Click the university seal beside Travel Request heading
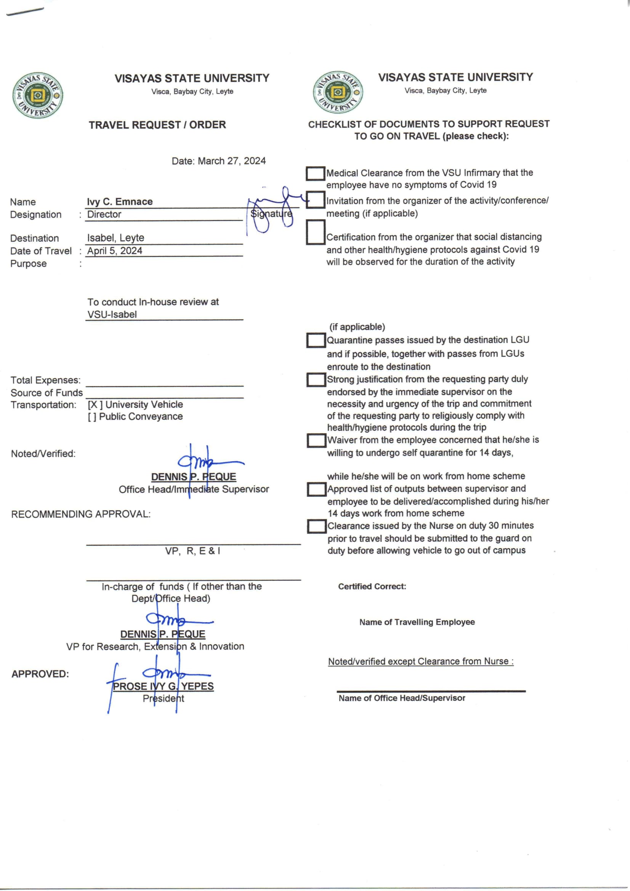(38, 95)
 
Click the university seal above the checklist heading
(338, 92)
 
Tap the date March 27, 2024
(232, 161)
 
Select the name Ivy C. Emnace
(120, 202)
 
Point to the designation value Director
(104, 214)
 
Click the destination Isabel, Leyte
(115, 238)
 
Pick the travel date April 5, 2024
(114, 251)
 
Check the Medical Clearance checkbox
(316, 173)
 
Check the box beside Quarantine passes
(316, 340)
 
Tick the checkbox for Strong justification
(316, 379)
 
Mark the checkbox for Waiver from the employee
(316, 440)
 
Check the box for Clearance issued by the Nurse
(317, 526)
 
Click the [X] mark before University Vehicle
(95, 405)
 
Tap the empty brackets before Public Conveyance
(92, 416)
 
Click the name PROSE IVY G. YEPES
(163, 686)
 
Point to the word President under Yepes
(164, 698)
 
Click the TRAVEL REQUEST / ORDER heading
(157, 125)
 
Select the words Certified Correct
(372, 586)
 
